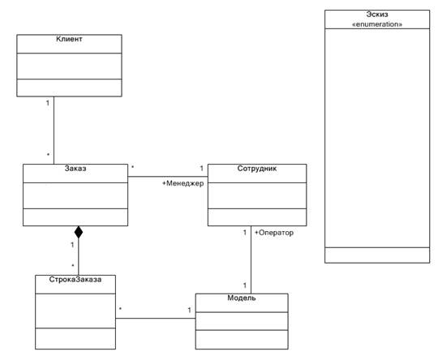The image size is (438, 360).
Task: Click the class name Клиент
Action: (x=69, y=39)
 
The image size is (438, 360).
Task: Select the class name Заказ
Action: (x=75, y=169)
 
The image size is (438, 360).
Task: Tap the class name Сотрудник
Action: (x=257, y=169)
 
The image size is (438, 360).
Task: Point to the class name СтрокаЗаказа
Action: (x=75, y=280)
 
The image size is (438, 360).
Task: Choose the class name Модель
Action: (x=242, y=298)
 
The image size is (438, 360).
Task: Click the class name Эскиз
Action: (x=377, y=15)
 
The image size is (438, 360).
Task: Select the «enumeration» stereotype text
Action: (x=377, y=24)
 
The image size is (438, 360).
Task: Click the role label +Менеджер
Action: (x=183, y=183)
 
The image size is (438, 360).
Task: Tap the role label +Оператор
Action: (x=274, y=233)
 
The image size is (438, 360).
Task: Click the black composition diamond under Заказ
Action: (x=79, y=232)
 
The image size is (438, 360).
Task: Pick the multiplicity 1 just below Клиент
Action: (x=48, y=103)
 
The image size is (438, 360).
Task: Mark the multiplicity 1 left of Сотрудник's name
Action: (x=202, y=169)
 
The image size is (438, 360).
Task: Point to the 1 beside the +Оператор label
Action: (x=245, y=233)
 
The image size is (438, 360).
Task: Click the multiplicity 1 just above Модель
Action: (x=245, y=285)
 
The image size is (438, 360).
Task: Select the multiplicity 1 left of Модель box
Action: (x=190, y=310)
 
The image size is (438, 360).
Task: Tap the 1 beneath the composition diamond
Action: (x=72, y=245)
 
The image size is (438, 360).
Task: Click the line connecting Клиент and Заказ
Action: (x=54, y=131)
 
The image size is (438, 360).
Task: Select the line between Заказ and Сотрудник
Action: (x=168, y=177)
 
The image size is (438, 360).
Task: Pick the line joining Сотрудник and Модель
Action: (x=251, y=259)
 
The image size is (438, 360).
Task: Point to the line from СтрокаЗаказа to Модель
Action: (x=156, y=319)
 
